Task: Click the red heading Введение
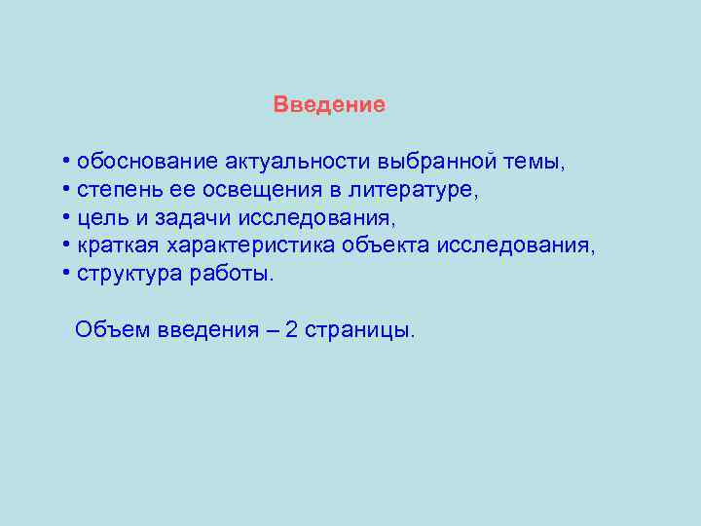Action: click(329, 104)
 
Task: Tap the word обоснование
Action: click(148, 160)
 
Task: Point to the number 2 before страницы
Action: click(292, 329)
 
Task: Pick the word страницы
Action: click(359, 329)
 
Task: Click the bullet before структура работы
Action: click(65, 273)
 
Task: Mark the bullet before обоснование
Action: click(65, 160)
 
